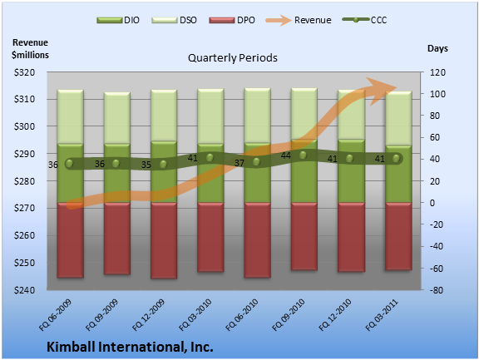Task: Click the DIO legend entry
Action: [x=118, y=20]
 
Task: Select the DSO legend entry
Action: [x=174, y=20]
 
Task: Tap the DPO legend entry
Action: [x=232, y=20]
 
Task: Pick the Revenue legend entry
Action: [x=299, y=20]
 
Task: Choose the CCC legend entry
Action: [x=365, y=20]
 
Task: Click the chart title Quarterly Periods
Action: [x=233, y=57]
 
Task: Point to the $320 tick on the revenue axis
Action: [x=24, y=72]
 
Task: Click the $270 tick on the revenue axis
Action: [x=24, y=208]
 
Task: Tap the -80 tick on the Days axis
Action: [x=437, y=290]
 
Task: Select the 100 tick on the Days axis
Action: [x=437, y=94]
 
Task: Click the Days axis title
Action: [x=437, y=48]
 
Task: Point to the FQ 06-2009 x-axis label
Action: [x=55, y=315]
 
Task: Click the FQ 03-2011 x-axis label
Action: [x=382, y=315]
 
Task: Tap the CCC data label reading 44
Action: [x=285, y=155]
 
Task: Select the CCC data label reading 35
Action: [x=146, y=165]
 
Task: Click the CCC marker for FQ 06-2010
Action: [x=257, y=162]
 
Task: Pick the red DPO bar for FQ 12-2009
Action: [x=164, y=240]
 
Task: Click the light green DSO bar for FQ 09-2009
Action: [x=117, y=118]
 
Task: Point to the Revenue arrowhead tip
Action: [x=397, y=87]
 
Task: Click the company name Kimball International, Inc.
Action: [x=130, y=347]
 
